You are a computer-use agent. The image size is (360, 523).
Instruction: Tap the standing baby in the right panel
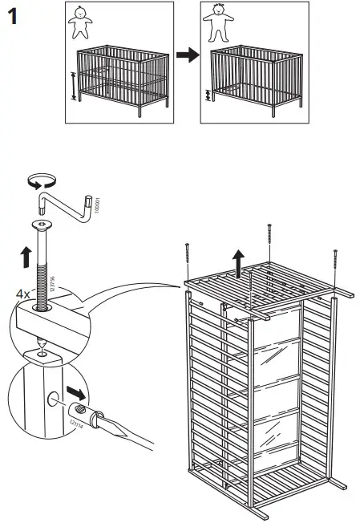214,24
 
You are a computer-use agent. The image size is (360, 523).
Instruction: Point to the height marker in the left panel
74,86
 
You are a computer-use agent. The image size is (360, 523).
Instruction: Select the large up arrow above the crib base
238,262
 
